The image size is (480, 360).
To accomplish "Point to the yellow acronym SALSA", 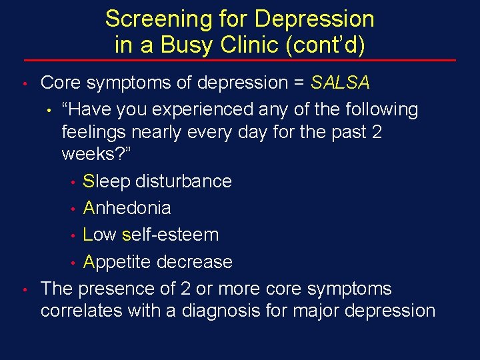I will pyautogui.click(x=341, y=83).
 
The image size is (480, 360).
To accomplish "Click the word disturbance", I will pyautogui.click(x=183, y=181).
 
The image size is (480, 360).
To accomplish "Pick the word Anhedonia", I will pyautogui.click(x=127, y=208).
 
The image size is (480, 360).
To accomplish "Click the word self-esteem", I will pyautogui.click(x=170, y=235).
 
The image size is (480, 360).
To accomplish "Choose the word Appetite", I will pyautogui.click(x=117, y=262).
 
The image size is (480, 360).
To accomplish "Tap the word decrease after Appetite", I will pyautogui.click(x=194, y=262).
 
